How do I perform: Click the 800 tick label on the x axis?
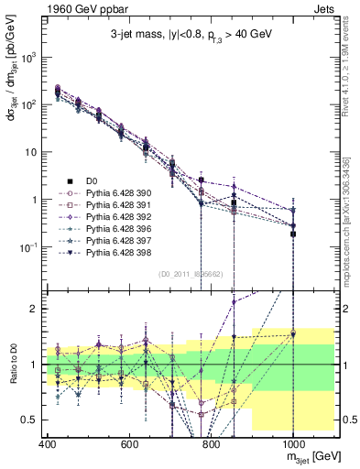[x=211, y=444]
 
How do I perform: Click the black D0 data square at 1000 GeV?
[x=293, y=234]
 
